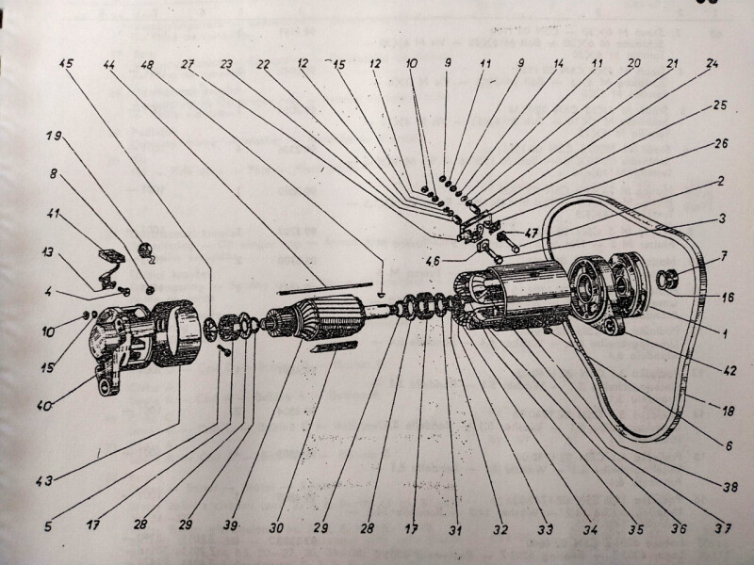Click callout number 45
[66, 66]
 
